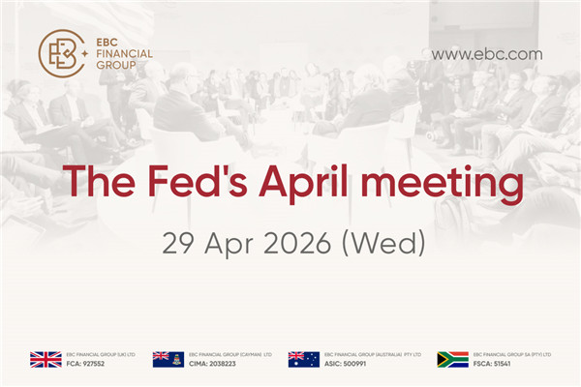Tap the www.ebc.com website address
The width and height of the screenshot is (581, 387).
point(486,54)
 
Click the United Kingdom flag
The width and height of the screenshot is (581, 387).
point(46,359)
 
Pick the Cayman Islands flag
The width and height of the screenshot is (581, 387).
point(168,359)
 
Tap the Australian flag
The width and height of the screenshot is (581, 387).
point(303,359)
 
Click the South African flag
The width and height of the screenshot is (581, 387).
point(452,359)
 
